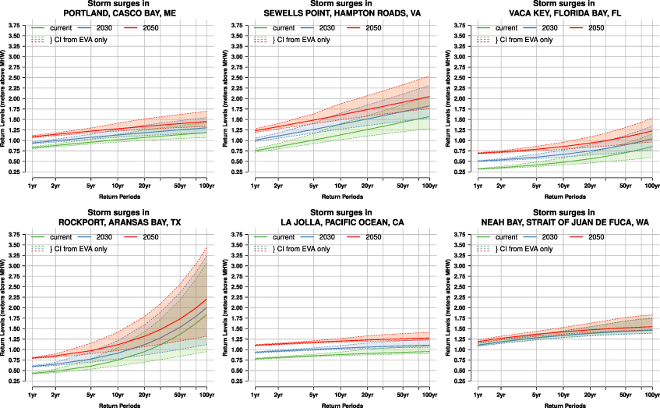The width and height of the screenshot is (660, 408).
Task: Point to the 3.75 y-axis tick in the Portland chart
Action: point(14,27)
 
